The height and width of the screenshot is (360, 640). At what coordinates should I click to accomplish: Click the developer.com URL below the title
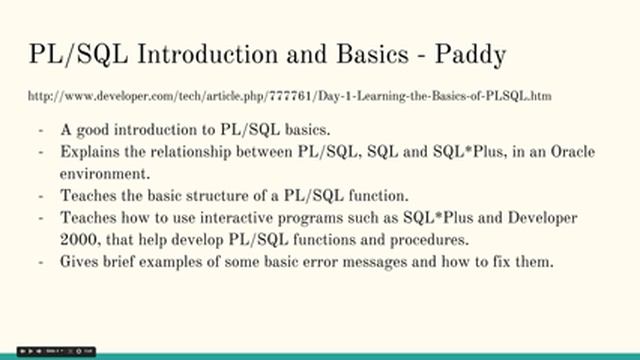291,96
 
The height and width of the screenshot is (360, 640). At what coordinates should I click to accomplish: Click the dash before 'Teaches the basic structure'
41,195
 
